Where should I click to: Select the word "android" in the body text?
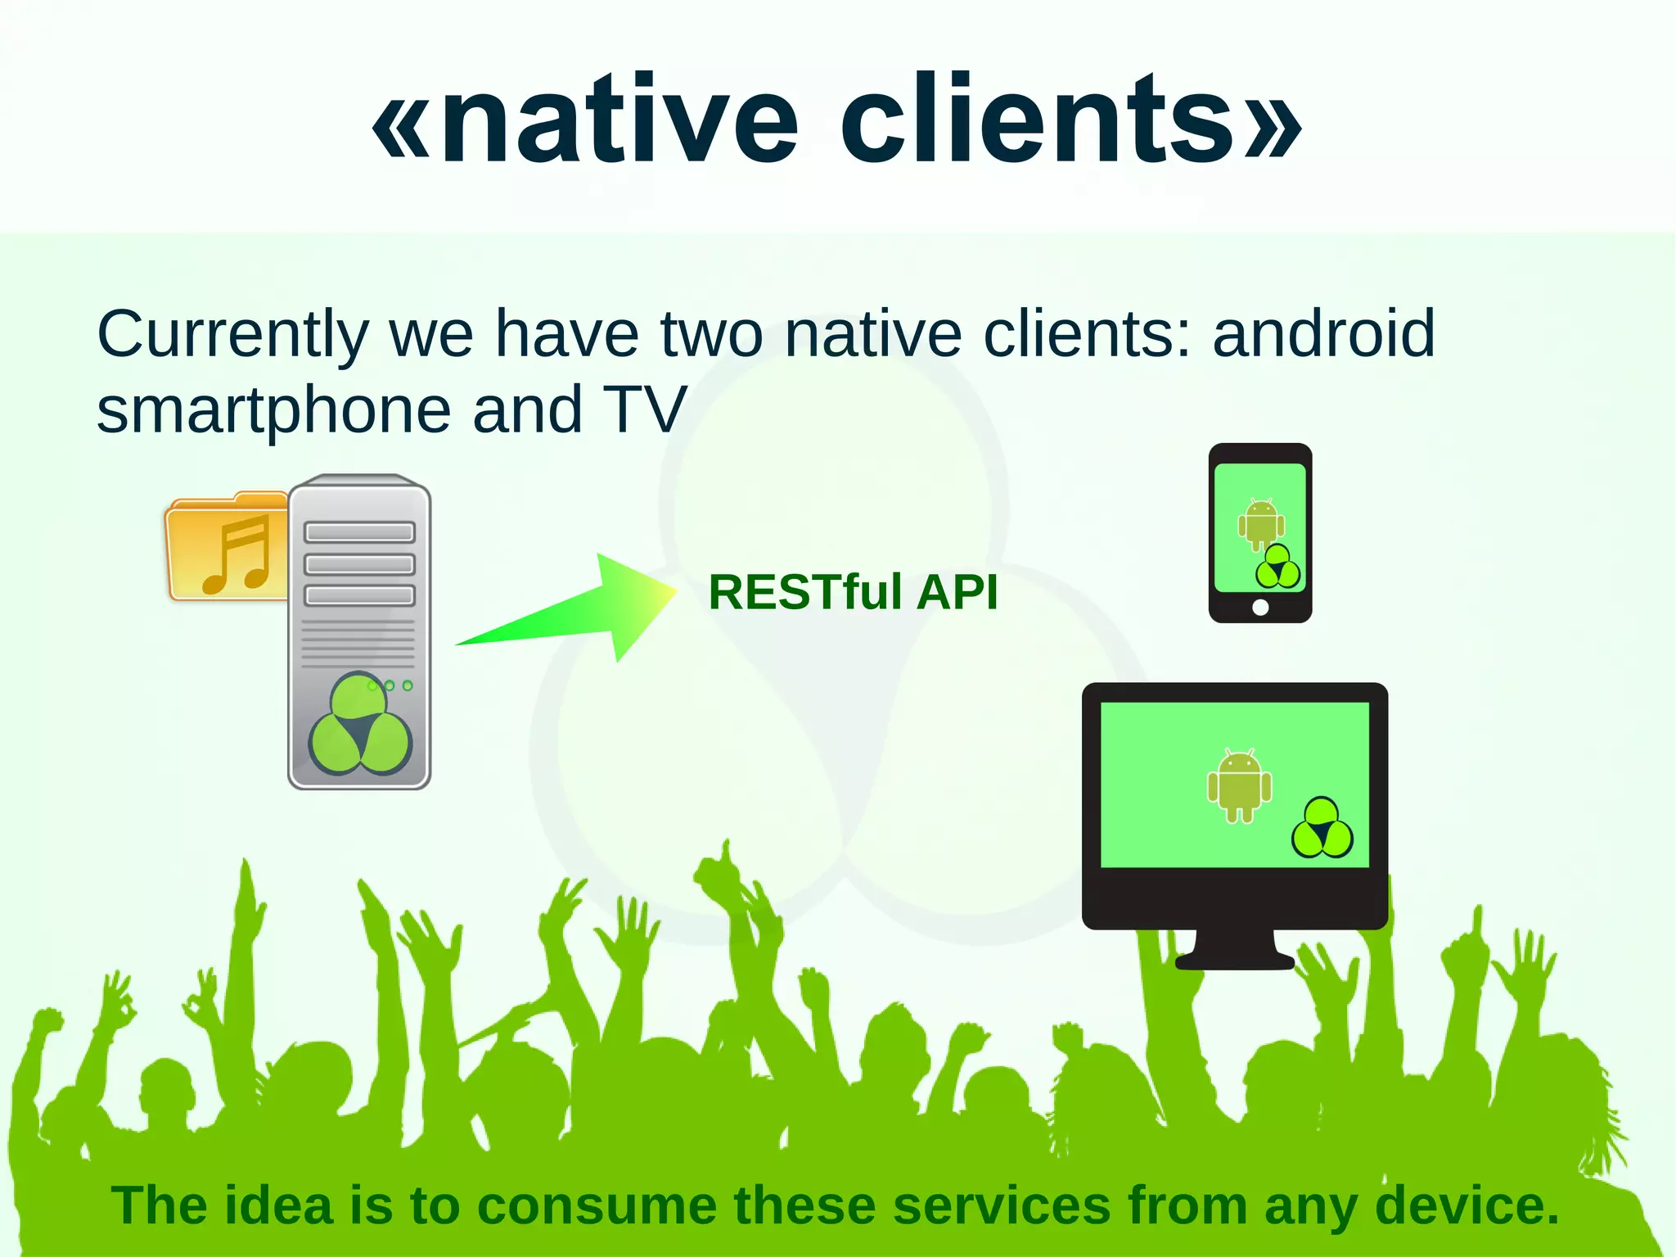coord(1323,333)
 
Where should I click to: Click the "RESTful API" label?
coord(853,591)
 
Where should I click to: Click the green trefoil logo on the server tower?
coord(360,725)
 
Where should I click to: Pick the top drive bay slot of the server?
coord(359,532)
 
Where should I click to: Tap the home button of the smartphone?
coord(1260,607)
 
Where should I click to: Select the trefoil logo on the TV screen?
coord(1322,829)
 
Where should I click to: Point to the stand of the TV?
coord(1234,950)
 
